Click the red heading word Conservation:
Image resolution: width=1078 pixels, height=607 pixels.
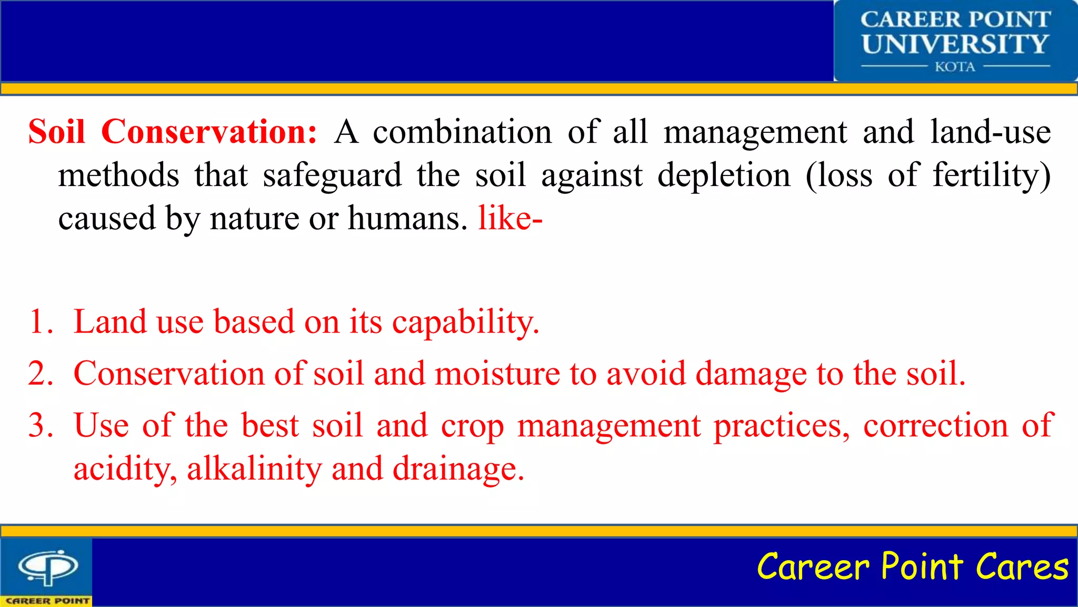209,132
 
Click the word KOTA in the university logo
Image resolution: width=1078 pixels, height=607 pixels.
955,67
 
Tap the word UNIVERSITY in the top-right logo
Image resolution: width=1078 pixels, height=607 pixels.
955,44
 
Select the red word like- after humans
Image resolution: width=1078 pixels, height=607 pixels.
510,218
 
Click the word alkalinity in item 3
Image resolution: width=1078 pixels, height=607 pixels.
254,468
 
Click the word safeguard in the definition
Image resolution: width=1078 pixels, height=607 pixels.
332,176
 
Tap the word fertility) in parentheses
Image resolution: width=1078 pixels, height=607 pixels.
992,176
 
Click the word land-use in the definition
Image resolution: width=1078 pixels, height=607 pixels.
990,132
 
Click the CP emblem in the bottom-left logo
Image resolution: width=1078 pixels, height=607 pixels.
48,567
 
